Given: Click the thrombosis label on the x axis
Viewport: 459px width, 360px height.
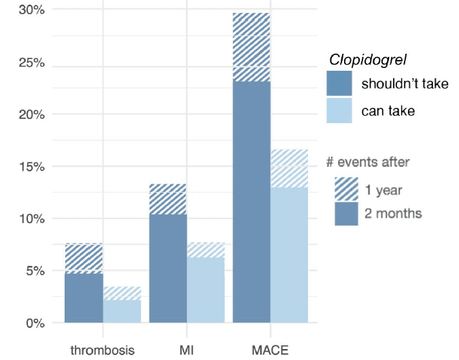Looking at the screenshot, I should (103, 350).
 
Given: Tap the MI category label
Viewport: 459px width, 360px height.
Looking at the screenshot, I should (187, 350).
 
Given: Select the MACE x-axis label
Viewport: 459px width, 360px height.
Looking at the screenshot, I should (270, 350).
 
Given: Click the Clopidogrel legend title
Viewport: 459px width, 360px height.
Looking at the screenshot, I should (368, 59).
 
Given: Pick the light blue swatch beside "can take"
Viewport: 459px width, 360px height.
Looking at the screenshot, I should (339, 110).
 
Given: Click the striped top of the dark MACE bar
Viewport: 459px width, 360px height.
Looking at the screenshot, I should (252, 47).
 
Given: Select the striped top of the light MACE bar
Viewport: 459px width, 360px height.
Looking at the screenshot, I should (289, 168).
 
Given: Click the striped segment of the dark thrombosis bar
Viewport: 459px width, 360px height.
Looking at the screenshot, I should (84, 258).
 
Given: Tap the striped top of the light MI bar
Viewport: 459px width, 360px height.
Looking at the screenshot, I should (205, 250).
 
